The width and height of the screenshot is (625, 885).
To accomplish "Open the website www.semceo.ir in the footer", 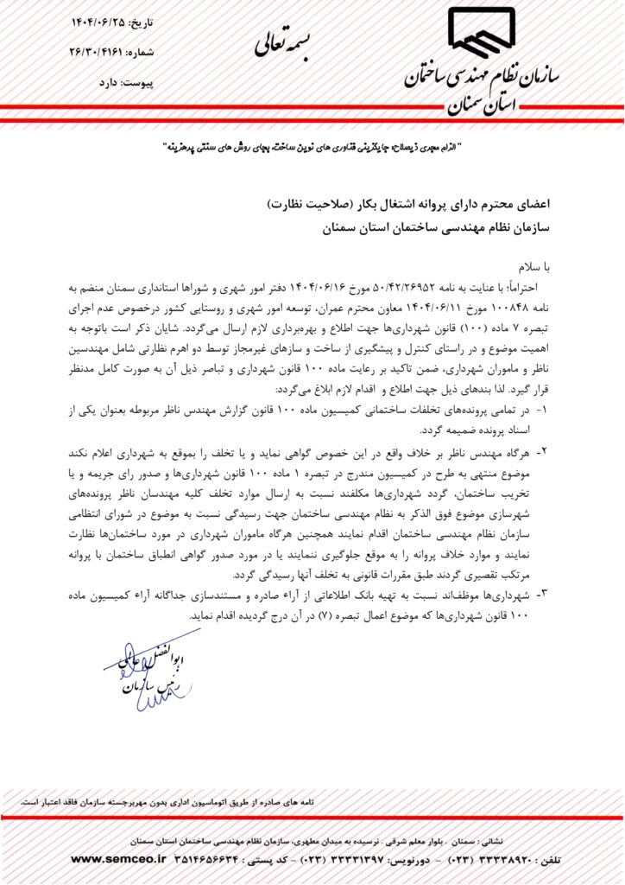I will tap(115, 859).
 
